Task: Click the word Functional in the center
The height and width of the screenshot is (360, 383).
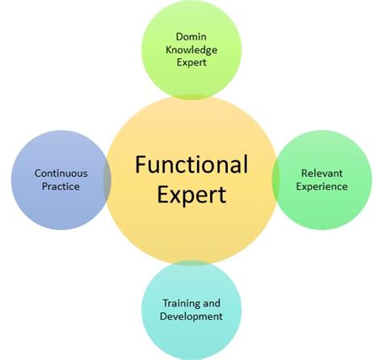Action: (191, 165)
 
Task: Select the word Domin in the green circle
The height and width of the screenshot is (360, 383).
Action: (191, 35)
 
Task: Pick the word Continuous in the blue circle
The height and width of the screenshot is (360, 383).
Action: (61, 173)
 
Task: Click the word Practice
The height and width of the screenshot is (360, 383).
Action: (61, 186)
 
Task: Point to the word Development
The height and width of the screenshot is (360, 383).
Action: (191, 316)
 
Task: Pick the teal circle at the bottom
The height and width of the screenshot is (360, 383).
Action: (191, 339)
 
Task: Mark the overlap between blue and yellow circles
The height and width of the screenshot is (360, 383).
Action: (107, 180)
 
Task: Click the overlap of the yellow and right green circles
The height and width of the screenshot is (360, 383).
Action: (276, 180)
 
